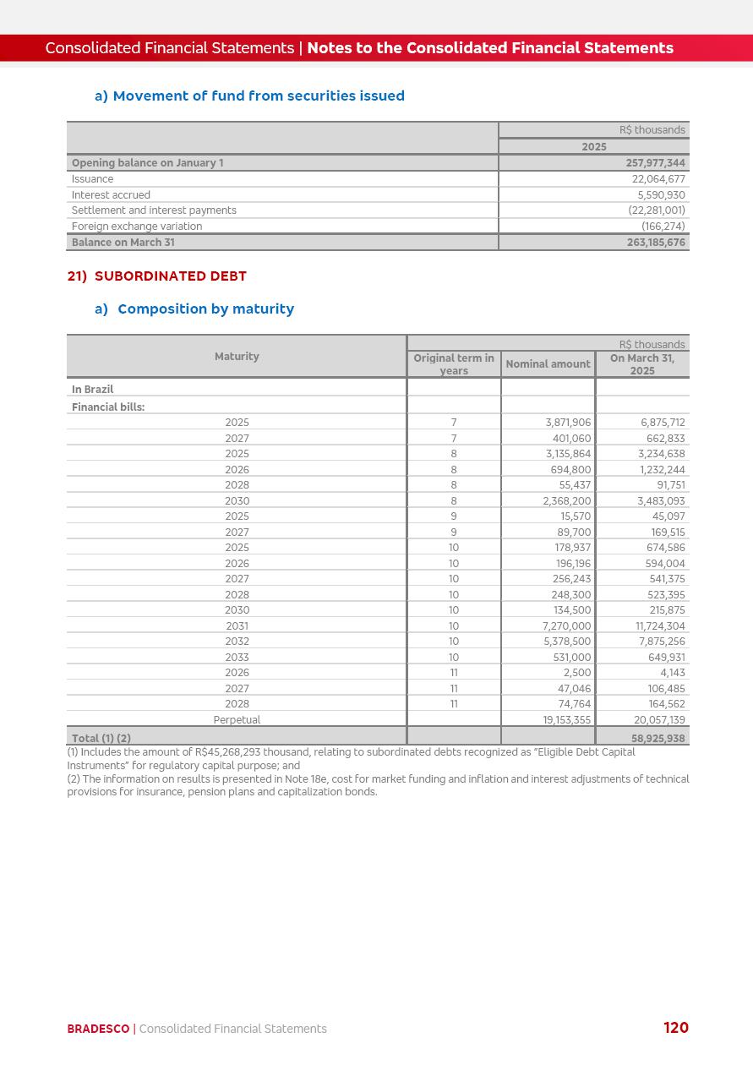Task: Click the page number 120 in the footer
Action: click(675, 1028)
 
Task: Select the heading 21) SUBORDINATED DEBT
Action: click(157, 276)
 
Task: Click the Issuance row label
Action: click(92, 179)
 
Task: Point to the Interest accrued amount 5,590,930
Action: click(658, 195)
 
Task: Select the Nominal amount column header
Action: click(548, 364)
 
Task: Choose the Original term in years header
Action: click(454, 364)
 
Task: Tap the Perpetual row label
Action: click(237, 720)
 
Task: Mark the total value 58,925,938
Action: click(658, 739)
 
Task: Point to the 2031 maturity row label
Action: click(237, 626)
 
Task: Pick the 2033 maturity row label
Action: click(237, 658)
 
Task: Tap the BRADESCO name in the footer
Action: click(98, 1030)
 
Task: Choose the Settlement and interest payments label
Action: click(154, 210)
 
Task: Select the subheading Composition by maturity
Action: click(205, 309)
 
